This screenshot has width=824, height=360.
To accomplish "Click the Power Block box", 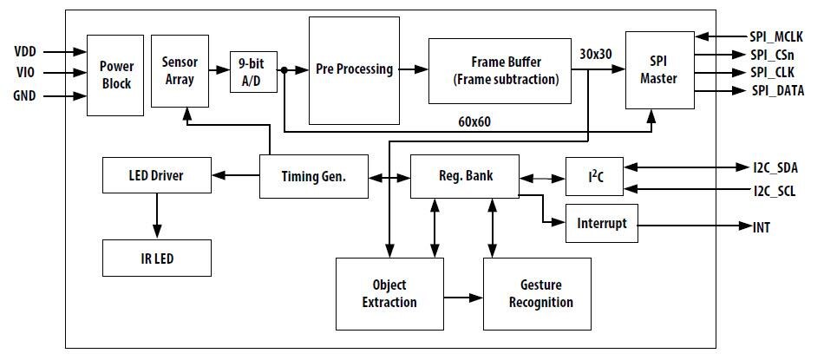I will [115, 75].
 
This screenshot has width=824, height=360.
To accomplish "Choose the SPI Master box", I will [659, 71].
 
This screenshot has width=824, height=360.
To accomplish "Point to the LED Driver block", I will [156, 175].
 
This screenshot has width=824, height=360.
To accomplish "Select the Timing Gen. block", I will [313, 176].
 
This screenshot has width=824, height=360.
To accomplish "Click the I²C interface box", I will [597, 176].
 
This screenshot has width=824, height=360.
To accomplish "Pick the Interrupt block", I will [601, 223].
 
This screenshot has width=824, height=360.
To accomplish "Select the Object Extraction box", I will [389, 294].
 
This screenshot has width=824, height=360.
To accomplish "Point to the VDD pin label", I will [26, 52].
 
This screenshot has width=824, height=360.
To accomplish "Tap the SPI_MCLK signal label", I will [776, 36].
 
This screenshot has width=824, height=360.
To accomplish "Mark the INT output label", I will [762, 227].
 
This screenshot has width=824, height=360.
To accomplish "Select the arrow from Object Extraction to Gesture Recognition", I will [462, 296].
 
